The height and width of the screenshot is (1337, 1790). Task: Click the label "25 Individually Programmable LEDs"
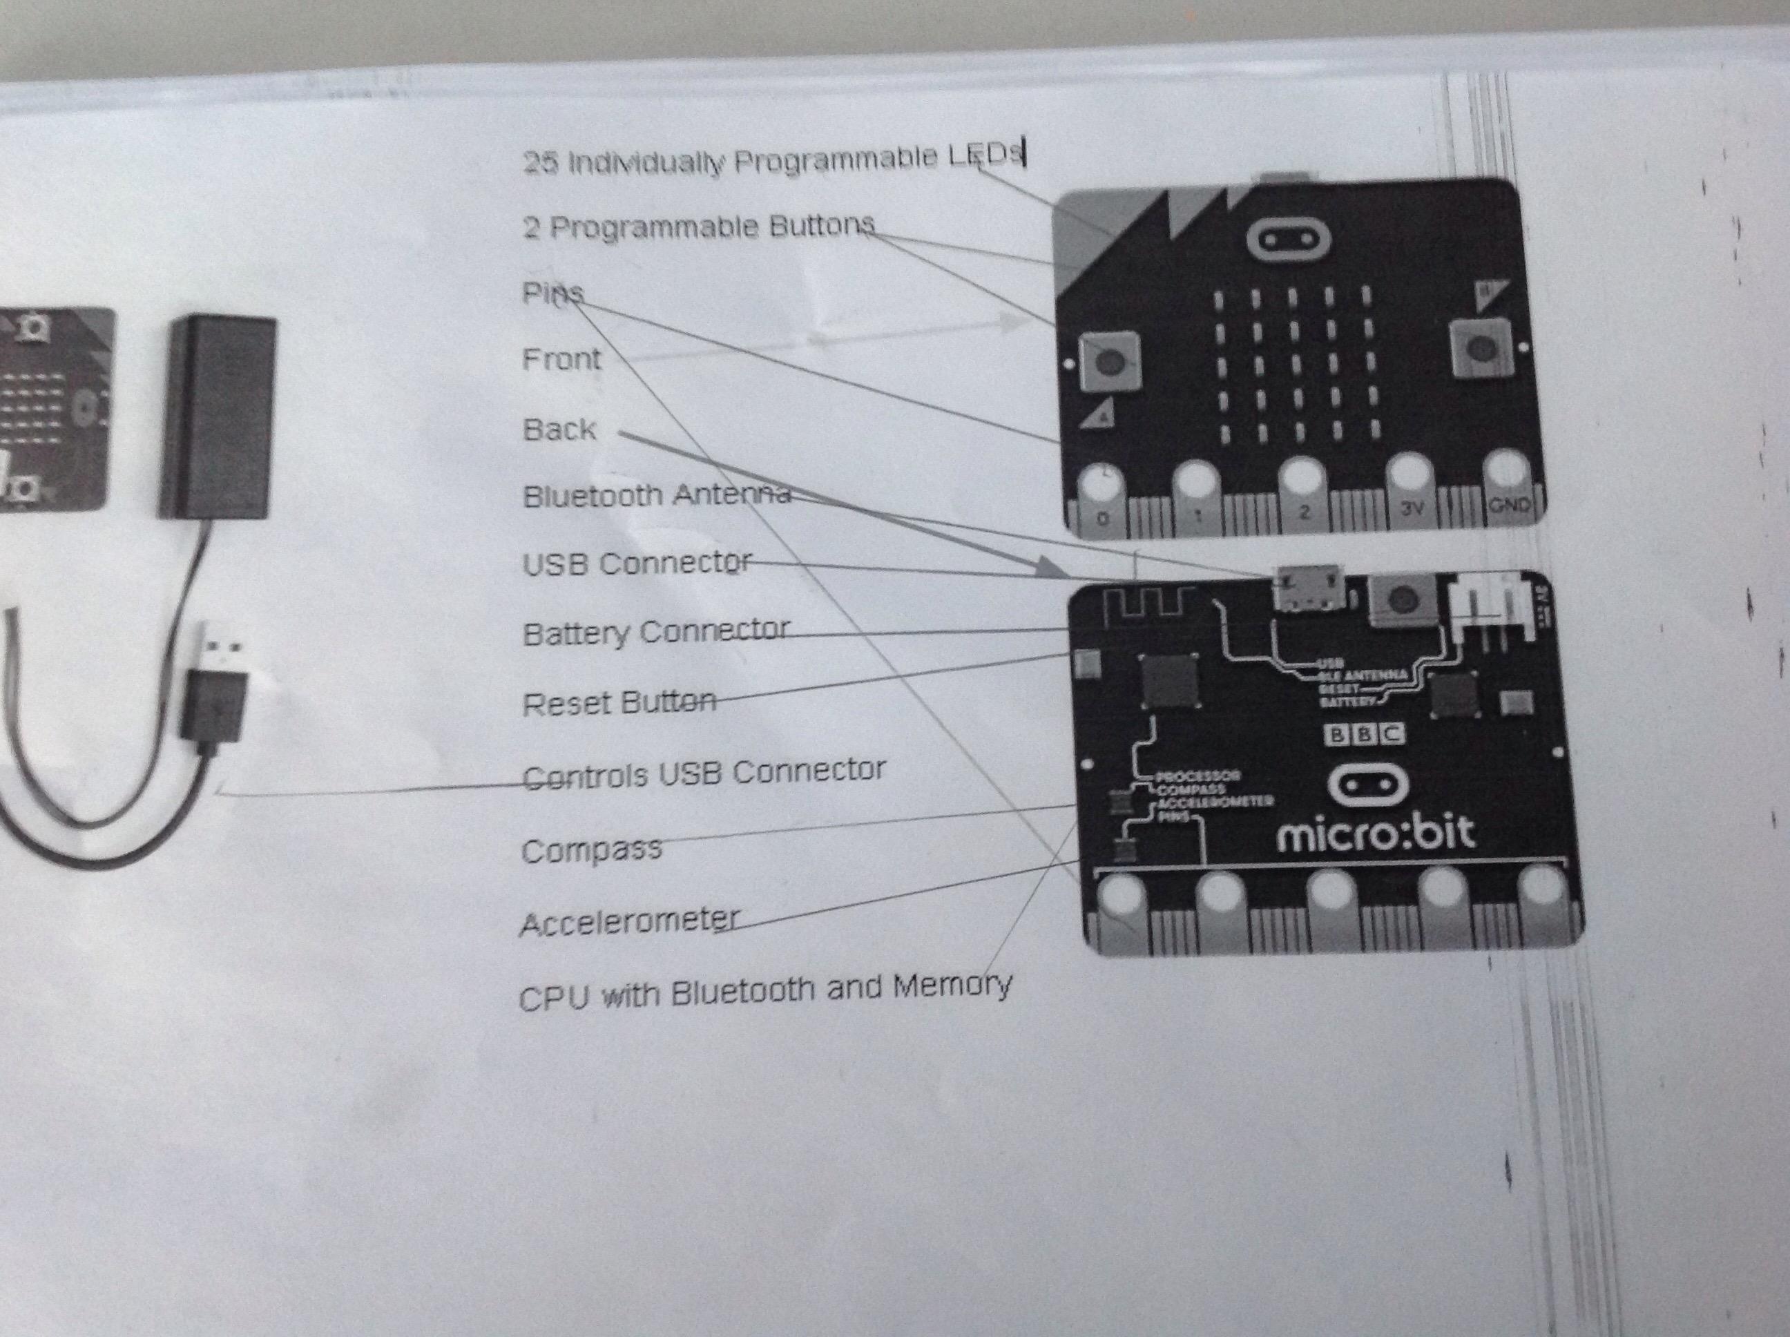coord(773,160)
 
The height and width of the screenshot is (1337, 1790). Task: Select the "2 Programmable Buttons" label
coord(699,227)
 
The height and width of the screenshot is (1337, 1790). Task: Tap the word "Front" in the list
coord(561,358)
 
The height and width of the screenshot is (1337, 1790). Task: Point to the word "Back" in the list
coord(559,429)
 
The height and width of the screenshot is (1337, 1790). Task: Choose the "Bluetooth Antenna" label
coord(656,494)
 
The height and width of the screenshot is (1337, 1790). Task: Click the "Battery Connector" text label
coord(656,632)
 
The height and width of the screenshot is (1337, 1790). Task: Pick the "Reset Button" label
coord(619,702)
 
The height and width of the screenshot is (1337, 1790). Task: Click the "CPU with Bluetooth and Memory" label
coord(764,990)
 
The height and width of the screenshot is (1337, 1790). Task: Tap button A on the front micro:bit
coord(1110,361)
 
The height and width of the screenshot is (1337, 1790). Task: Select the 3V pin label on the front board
coord(1412,508)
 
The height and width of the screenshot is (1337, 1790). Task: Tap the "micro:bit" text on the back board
coord(1376,834)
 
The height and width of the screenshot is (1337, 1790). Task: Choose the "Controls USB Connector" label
coord(704,773)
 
